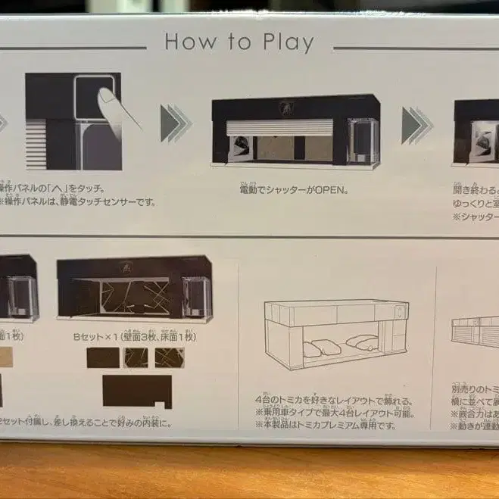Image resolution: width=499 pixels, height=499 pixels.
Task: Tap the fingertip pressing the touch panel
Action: [108, 98]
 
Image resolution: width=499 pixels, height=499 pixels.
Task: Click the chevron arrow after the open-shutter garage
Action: [417, 125]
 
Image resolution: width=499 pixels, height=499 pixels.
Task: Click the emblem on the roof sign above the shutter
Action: [291, 107]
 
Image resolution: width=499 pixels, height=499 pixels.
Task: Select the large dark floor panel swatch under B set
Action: [136, 391]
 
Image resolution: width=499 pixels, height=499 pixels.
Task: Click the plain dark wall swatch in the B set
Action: [103, 357]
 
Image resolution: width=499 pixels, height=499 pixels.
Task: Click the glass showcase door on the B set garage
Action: [195, 296]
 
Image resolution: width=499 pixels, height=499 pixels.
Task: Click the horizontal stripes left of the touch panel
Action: [36, 144]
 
